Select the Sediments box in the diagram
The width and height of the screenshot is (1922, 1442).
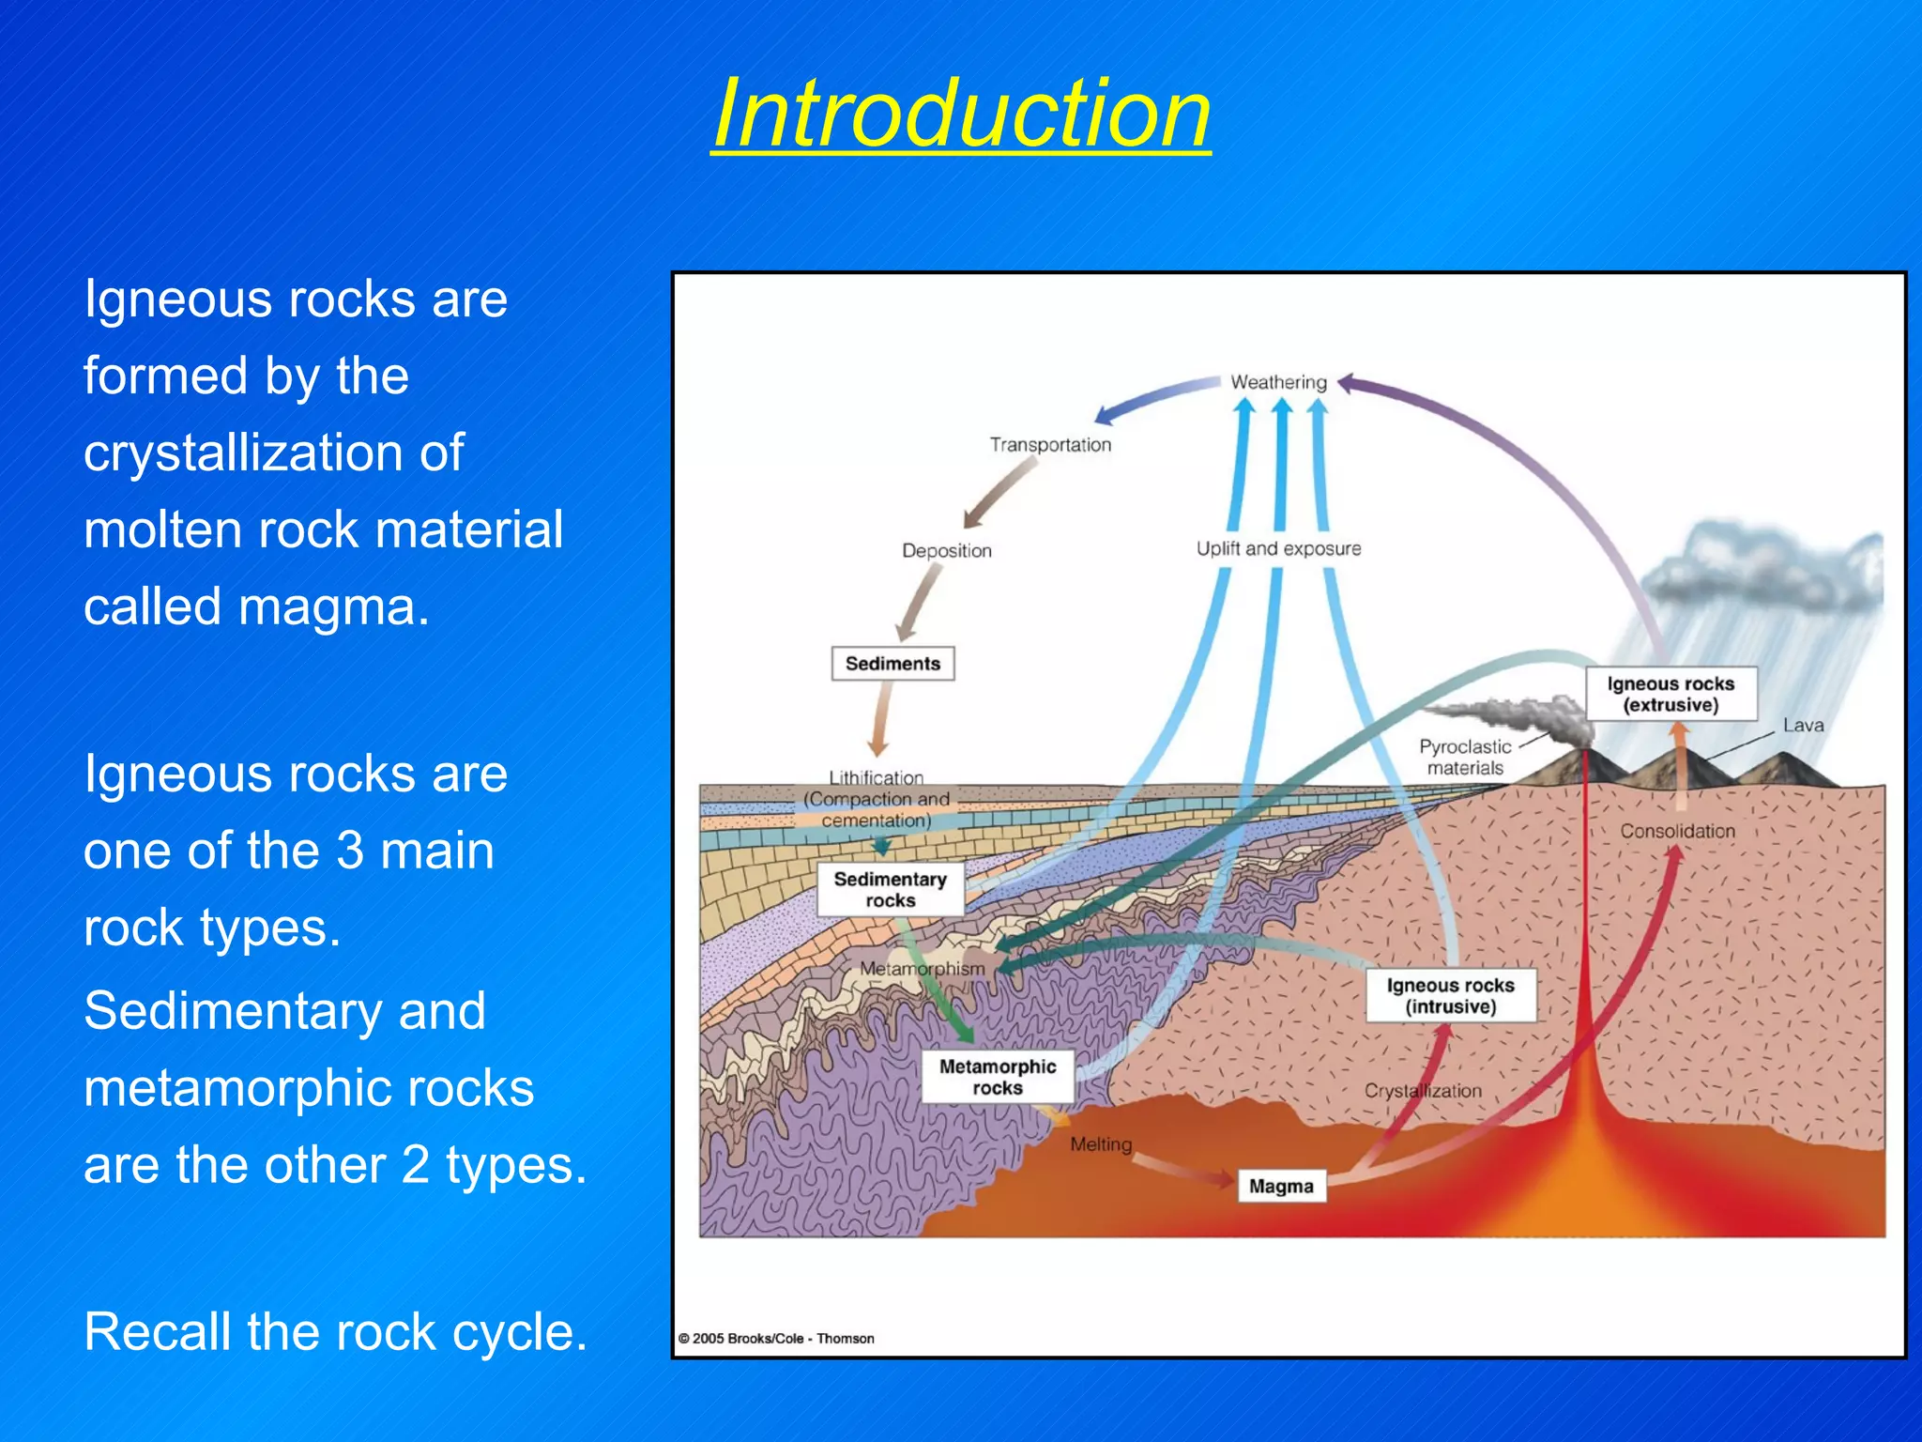(892, 664)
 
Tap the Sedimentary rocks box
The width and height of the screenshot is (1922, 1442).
(890, 889)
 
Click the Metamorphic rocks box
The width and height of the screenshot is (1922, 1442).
(998, 1077)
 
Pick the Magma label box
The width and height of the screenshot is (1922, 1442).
(1281, 1187)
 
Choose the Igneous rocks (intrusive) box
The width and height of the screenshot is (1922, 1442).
(1450, 995)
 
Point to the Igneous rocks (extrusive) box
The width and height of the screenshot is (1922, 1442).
(1670, 694)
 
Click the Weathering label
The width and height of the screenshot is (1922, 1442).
(1278, 382)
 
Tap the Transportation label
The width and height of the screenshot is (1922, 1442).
(1050, 445)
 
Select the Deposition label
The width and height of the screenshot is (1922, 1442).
(946, 551)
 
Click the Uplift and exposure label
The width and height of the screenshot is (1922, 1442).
(1278, 549)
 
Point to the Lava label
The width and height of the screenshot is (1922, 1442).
(1803, 726)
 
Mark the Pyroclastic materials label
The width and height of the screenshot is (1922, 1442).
(1465, 757)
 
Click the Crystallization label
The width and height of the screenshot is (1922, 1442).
(1423, 1091)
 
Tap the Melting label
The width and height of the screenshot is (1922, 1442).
(1101, 1144)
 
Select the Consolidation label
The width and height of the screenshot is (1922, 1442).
(1677, 831)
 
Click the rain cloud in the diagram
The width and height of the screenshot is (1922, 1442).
(1764, 573)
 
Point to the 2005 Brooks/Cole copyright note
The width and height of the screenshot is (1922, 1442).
(776, 1339)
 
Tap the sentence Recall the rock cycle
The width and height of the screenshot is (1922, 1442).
(335, 1331)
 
